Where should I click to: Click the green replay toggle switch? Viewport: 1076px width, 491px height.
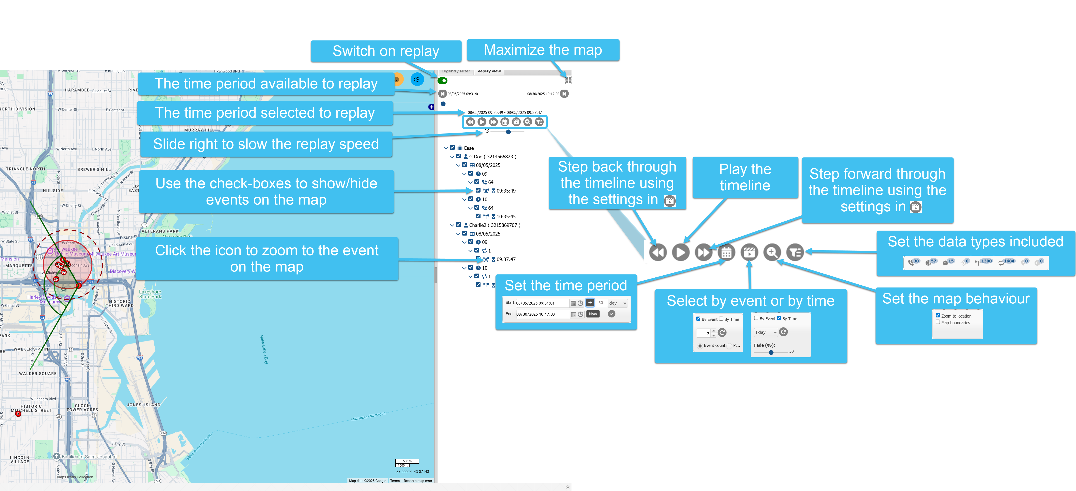(x=442, y=81)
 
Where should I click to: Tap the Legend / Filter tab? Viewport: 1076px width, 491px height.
(x=455, y=72)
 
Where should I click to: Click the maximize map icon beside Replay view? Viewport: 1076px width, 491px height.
(x=568, y=80)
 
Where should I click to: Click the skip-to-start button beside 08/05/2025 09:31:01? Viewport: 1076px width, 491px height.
(x=442, y=94)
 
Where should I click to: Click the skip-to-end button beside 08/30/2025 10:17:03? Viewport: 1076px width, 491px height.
(x=564, y=94)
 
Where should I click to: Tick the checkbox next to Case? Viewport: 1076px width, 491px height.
(x=452, y=148)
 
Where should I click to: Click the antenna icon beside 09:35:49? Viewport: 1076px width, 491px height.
(x=486, y=191)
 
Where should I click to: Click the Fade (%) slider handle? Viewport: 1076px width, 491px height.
(x=771, y=352)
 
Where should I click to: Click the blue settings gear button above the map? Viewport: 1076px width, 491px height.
(x=417, y=79)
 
